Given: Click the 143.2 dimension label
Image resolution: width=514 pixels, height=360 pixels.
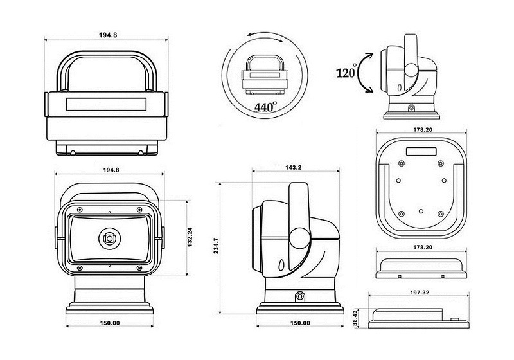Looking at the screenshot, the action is tap(293, 167).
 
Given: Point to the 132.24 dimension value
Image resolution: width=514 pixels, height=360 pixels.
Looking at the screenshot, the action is tap(190, 237).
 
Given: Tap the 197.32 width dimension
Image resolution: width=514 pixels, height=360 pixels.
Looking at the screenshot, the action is tap(420, 292).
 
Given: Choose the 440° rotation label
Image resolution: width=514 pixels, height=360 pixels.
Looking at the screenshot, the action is tap(265, 107).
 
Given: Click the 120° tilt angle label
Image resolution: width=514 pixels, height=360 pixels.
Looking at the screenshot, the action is tap(346, 72).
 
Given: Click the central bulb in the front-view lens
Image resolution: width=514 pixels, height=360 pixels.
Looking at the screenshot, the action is tap(109, 239).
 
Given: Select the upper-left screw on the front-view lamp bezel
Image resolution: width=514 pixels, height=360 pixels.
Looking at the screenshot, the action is tap(80, 210).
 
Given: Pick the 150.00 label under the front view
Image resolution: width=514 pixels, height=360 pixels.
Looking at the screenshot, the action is tap(110, 323).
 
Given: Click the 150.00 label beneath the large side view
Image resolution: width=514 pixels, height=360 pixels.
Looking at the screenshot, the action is tap(300, 323).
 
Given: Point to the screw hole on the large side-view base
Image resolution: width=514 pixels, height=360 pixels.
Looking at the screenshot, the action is tap(299, 297).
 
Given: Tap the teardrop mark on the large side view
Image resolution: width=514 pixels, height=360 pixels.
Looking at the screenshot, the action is tap(281, 265).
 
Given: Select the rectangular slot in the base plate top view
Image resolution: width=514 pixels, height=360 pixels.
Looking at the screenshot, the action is tap(421, 152).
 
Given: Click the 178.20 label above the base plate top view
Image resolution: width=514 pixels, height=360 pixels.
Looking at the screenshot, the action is tap(423, 129).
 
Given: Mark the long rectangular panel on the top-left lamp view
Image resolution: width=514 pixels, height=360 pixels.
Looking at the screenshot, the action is tap(107, 104).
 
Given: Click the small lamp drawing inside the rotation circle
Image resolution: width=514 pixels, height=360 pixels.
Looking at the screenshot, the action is tap(265, 75).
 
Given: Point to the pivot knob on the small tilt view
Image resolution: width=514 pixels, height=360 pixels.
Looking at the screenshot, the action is tap(411, 69).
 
